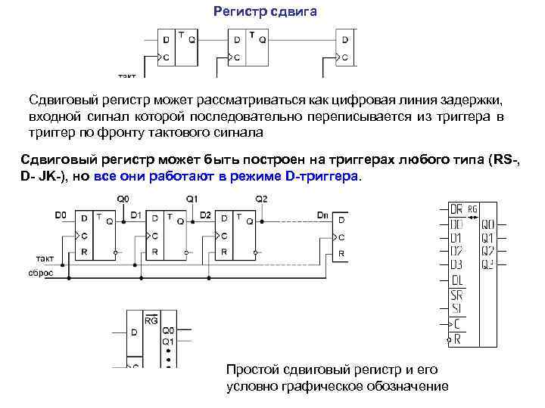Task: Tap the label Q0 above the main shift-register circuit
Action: [122, 199]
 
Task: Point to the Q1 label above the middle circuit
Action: [192, 199]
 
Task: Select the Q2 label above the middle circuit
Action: [261, 199]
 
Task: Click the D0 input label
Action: [61, 215]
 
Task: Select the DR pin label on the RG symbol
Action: [456, 209]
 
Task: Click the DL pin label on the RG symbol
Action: [456, 281]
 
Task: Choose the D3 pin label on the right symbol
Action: [456, 264]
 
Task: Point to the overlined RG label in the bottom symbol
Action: [151, 320]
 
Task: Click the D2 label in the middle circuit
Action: [205, 215]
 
